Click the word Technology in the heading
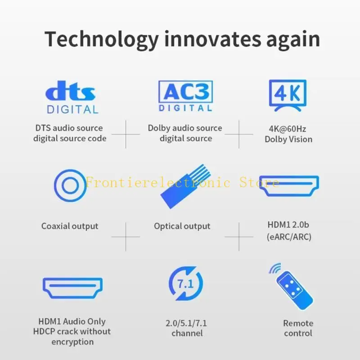101,40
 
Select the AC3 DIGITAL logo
185,96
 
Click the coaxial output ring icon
70,185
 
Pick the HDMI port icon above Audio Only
72,288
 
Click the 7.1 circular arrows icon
186,284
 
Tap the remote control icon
292,286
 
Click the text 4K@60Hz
288,129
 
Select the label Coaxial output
70,226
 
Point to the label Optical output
182,226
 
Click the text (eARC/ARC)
288,237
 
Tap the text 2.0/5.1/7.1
187,323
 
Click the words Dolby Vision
288,139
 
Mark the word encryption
72,342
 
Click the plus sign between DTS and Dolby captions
126,134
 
